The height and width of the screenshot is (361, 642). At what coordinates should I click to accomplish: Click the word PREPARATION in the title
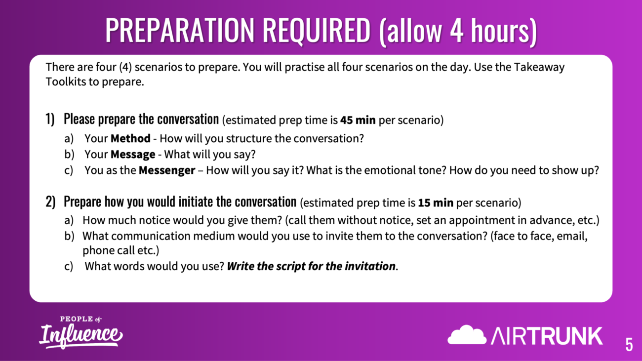(180, 30)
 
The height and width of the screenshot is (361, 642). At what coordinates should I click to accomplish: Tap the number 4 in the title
(456, 30)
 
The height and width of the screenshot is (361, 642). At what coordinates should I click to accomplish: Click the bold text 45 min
(358, 120)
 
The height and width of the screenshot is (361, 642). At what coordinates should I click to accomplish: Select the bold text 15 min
(436, 202)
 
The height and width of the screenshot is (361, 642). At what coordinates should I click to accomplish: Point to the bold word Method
(130, 138)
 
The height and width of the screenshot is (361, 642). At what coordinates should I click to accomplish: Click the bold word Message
(133, 155)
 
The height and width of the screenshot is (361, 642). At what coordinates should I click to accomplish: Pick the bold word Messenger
(167, 170)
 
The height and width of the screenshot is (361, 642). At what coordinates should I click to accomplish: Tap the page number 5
(629, 344)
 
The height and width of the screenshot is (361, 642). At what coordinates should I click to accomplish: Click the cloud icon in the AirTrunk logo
(467, 335)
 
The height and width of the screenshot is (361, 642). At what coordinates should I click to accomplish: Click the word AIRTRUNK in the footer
(547, 336)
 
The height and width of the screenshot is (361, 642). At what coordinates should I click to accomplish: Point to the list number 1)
(50, 119)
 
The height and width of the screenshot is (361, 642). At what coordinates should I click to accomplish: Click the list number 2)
(50, 201)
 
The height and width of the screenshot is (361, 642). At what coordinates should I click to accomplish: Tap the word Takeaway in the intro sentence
(539, 68)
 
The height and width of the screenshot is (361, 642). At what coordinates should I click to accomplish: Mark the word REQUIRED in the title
(317, 30)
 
